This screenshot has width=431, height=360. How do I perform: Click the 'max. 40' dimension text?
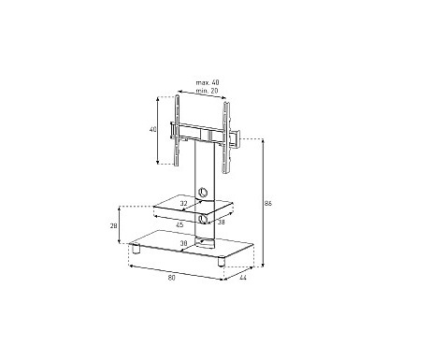coord(208,82)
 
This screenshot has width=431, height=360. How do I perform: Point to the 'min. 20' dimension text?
coord(208,91)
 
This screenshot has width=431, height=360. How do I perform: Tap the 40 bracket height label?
coord(153,129)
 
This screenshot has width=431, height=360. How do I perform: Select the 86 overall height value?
coord(268,204)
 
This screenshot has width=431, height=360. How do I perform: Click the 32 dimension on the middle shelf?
coord(184,203)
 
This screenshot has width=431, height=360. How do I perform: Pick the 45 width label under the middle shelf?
coord(180,224)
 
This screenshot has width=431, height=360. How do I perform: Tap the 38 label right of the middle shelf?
coord(221,223)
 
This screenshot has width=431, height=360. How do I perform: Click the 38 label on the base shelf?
coord(184,243)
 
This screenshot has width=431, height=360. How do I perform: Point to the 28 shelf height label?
coord(114,225)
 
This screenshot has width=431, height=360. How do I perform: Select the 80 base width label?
coord(172,278)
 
